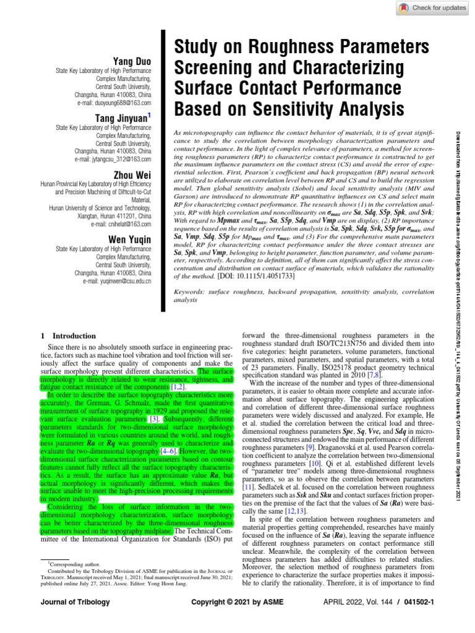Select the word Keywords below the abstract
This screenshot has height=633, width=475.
click(192, 291)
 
